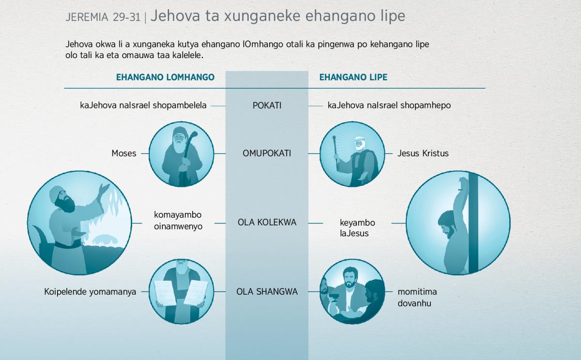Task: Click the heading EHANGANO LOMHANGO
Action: click(x=165, y=77)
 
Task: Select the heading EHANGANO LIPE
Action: click(x=353, y=77)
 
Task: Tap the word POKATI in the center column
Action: click(x=267, y=105)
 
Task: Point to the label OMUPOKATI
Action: click(x=267, y=153)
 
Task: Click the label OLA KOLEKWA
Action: click(x=267, y=223)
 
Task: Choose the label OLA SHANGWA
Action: click(x=267, y=292)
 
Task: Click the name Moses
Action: click(x=124, y=153)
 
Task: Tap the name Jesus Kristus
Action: click(x=423, y=153)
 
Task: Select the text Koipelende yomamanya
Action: click(x=90, y=292)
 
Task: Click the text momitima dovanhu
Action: click(x=417, y=298)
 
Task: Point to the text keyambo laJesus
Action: click(x=357, y=228)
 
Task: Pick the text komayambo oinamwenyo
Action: click(x=178, y=221)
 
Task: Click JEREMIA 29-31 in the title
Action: click(x=103, y=17)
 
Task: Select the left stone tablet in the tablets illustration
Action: click(x=165, y=293)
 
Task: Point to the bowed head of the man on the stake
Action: click(x=446, y=225)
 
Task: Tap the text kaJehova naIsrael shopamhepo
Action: click(x=389, y=105)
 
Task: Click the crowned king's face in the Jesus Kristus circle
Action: click(x=359, y=144)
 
